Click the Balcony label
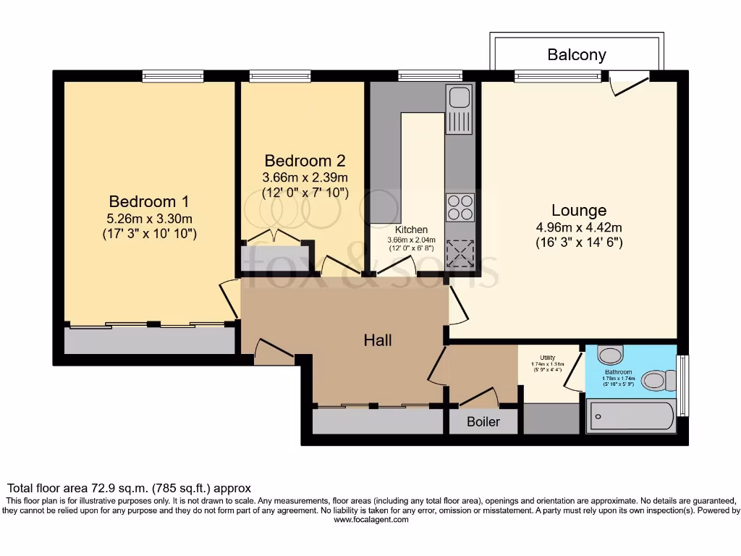tap(577, 54)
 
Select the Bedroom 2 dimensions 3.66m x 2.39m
tap(305, 177)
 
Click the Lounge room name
tap(579, 211)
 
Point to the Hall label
tap(378, 340)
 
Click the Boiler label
tap(483, 421)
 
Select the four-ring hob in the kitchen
tap(460, 208)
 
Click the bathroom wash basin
tap(611, 355)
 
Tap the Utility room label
tap(547, 357)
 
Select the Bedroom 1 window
tap(172, 75)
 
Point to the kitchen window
tap(430, 75)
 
